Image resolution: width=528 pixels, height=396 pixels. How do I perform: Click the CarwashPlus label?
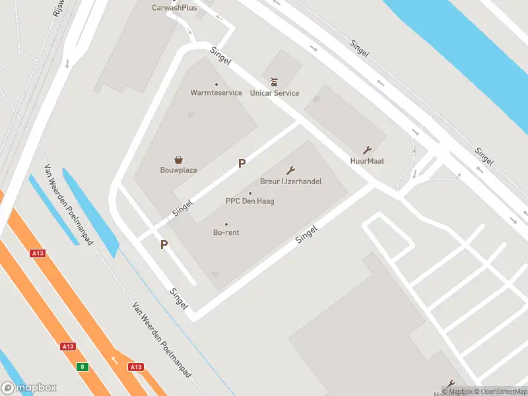[x=174, y=8]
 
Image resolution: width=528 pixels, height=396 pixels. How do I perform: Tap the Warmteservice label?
[x=216, y=93]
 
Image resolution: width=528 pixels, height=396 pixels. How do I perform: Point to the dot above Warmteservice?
[x=216, y=84]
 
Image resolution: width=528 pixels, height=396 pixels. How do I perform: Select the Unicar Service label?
[x=275, y=93]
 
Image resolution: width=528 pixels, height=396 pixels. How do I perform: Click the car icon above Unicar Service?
[x=275, y=82]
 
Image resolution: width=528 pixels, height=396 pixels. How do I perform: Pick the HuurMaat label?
[x=367, y=161]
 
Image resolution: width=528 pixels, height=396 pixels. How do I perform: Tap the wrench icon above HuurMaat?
[x=367, y=150]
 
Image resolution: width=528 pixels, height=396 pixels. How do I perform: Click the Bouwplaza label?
[x=178, y=170]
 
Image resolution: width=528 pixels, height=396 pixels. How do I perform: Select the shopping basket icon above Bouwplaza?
[x=178, y=159]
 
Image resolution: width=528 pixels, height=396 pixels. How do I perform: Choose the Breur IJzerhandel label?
[x=290, y=181]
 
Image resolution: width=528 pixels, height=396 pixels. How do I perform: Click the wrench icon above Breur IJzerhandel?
[x=290, y=170]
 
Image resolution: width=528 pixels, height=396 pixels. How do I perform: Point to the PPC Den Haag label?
[x=249, y=201]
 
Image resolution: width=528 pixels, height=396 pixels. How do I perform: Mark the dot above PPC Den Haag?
[x=249, y=193]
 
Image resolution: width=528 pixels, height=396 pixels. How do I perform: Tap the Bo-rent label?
[x=226, y=232]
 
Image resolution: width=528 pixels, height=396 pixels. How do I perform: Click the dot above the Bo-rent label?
[x=226, y=224]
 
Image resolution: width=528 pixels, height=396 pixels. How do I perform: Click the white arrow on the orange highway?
[x=115, y=360]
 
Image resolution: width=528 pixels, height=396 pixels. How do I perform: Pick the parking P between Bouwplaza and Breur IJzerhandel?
[x=242, y=163]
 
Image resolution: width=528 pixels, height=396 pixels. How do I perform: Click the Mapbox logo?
[x=29, y=388]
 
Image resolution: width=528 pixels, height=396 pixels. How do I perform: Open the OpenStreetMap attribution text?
[x=499, y=391]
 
